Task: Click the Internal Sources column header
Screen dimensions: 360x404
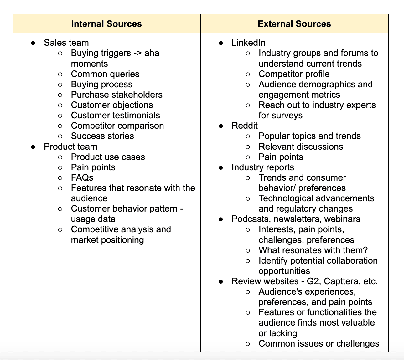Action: point(106,24)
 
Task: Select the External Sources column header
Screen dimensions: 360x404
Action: point(294,24)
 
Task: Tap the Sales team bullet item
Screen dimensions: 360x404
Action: point(66,43)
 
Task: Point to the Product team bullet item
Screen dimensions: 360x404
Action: point(70,147)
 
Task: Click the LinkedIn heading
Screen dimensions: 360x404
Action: point(248,43)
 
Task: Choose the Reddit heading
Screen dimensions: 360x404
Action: point(244,126)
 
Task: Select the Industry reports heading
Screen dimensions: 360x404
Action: point(262,167)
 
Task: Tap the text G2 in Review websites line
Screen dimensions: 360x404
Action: point(313,281)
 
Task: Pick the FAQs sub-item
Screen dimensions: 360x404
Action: point(82,177)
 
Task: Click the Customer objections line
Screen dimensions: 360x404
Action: point(112,105)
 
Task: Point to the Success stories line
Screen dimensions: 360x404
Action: point(102,136)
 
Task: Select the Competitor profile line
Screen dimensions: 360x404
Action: point(294,74)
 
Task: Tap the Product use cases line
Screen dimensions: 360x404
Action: point(108,157)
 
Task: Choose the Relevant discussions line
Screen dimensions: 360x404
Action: point(301,147)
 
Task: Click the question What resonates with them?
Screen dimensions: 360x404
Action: point(313,250)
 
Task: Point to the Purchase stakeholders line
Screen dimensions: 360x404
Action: point(117,95)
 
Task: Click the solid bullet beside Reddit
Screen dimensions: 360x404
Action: point(221,126)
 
